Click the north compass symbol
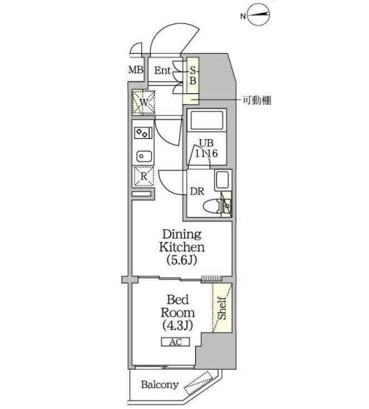coord(258,15)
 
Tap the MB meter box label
coord(136,70)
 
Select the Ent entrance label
coord(162,71)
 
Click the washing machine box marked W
coord(143,103)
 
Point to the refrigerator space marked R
coord(143,176)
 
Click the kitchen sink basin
coord(143,156)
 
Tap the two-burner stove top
coord(143,133)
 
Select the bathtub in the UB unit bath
coord(207,121)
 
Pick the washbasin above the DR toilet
coord(223,180)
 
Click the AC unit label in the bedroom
coord(175,342)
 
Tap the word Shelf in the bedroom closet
coord(222,308)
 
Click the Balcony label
coord(160,385)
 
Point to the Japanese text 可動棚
coord(257,100)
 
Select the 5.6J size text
coord(181,260)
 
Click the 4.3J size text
coord(178,325)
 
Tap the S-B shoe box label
coord(193,76)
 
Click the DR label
coord(197,191)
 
